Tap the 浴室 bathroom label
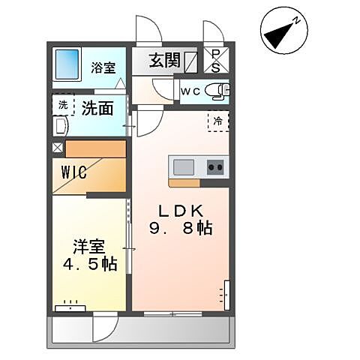[103, 66]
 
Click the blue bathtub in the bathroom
[69, 66]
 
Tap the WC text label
[190, 91]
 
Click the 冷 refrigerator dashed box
[217, 121]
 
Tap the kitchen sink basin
[184, 166]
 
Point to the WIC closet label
[73, 172]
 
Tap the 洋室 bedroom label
[88, 247]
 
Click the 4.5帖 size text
[88, 265]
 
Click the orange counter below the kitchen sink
[184, 182]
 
